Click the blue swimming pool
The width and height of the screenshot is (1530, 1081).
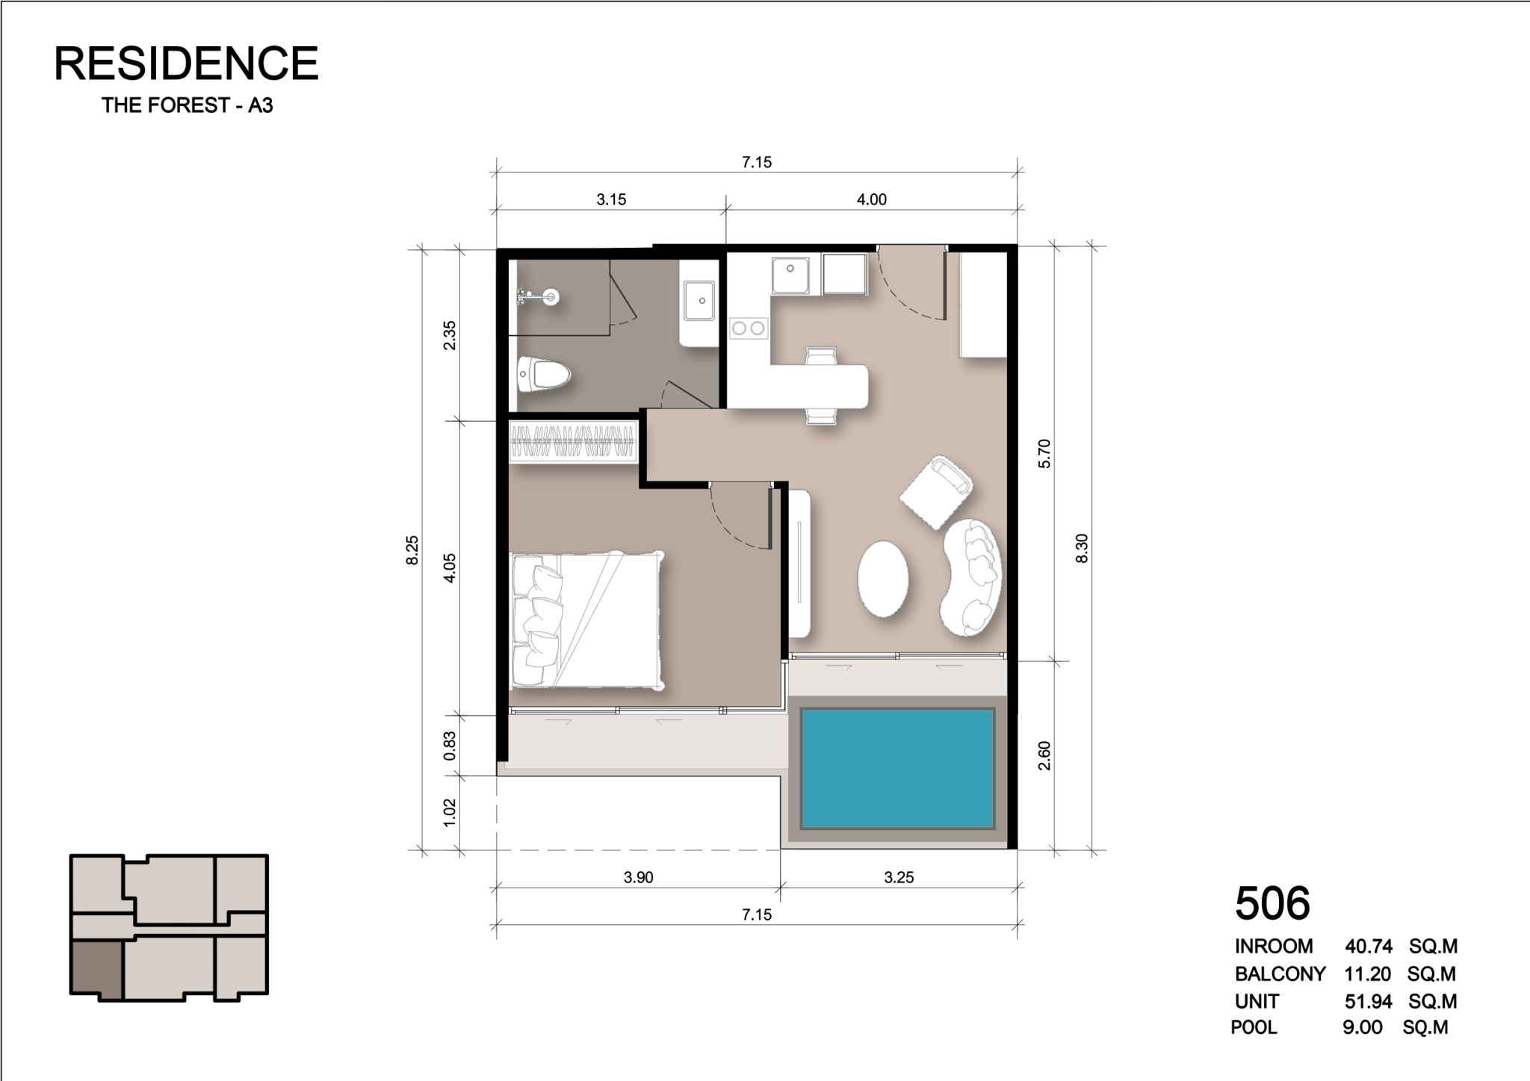pos(897,768)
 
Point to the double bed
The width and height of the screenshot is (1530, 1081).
pos(586,620)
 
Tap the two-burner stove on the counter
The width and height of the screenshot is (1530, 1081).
pos(749,327)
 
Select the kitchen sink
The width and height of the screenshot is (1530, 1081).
pos(791,275)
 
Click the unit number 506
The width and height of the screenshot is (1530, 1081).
pos(1272,903)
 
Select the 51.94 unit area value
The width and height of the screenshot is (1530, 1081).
pos(1369,1001)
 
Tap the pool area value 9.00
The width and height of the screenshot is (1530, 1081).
pos(1362,1028)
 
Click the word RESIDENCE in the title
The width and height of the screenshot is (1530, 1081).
pos(187,63)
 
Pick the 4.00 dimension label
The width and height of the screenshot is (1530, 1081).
pos(871,199)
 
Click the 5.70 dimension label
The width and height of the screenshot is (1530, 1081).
pos(1044,453)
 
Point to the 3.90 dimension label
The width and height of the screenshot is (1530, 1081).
pos(638,877)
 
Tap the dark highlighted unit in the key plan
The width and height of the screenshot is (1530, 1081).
pos(96,968)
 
